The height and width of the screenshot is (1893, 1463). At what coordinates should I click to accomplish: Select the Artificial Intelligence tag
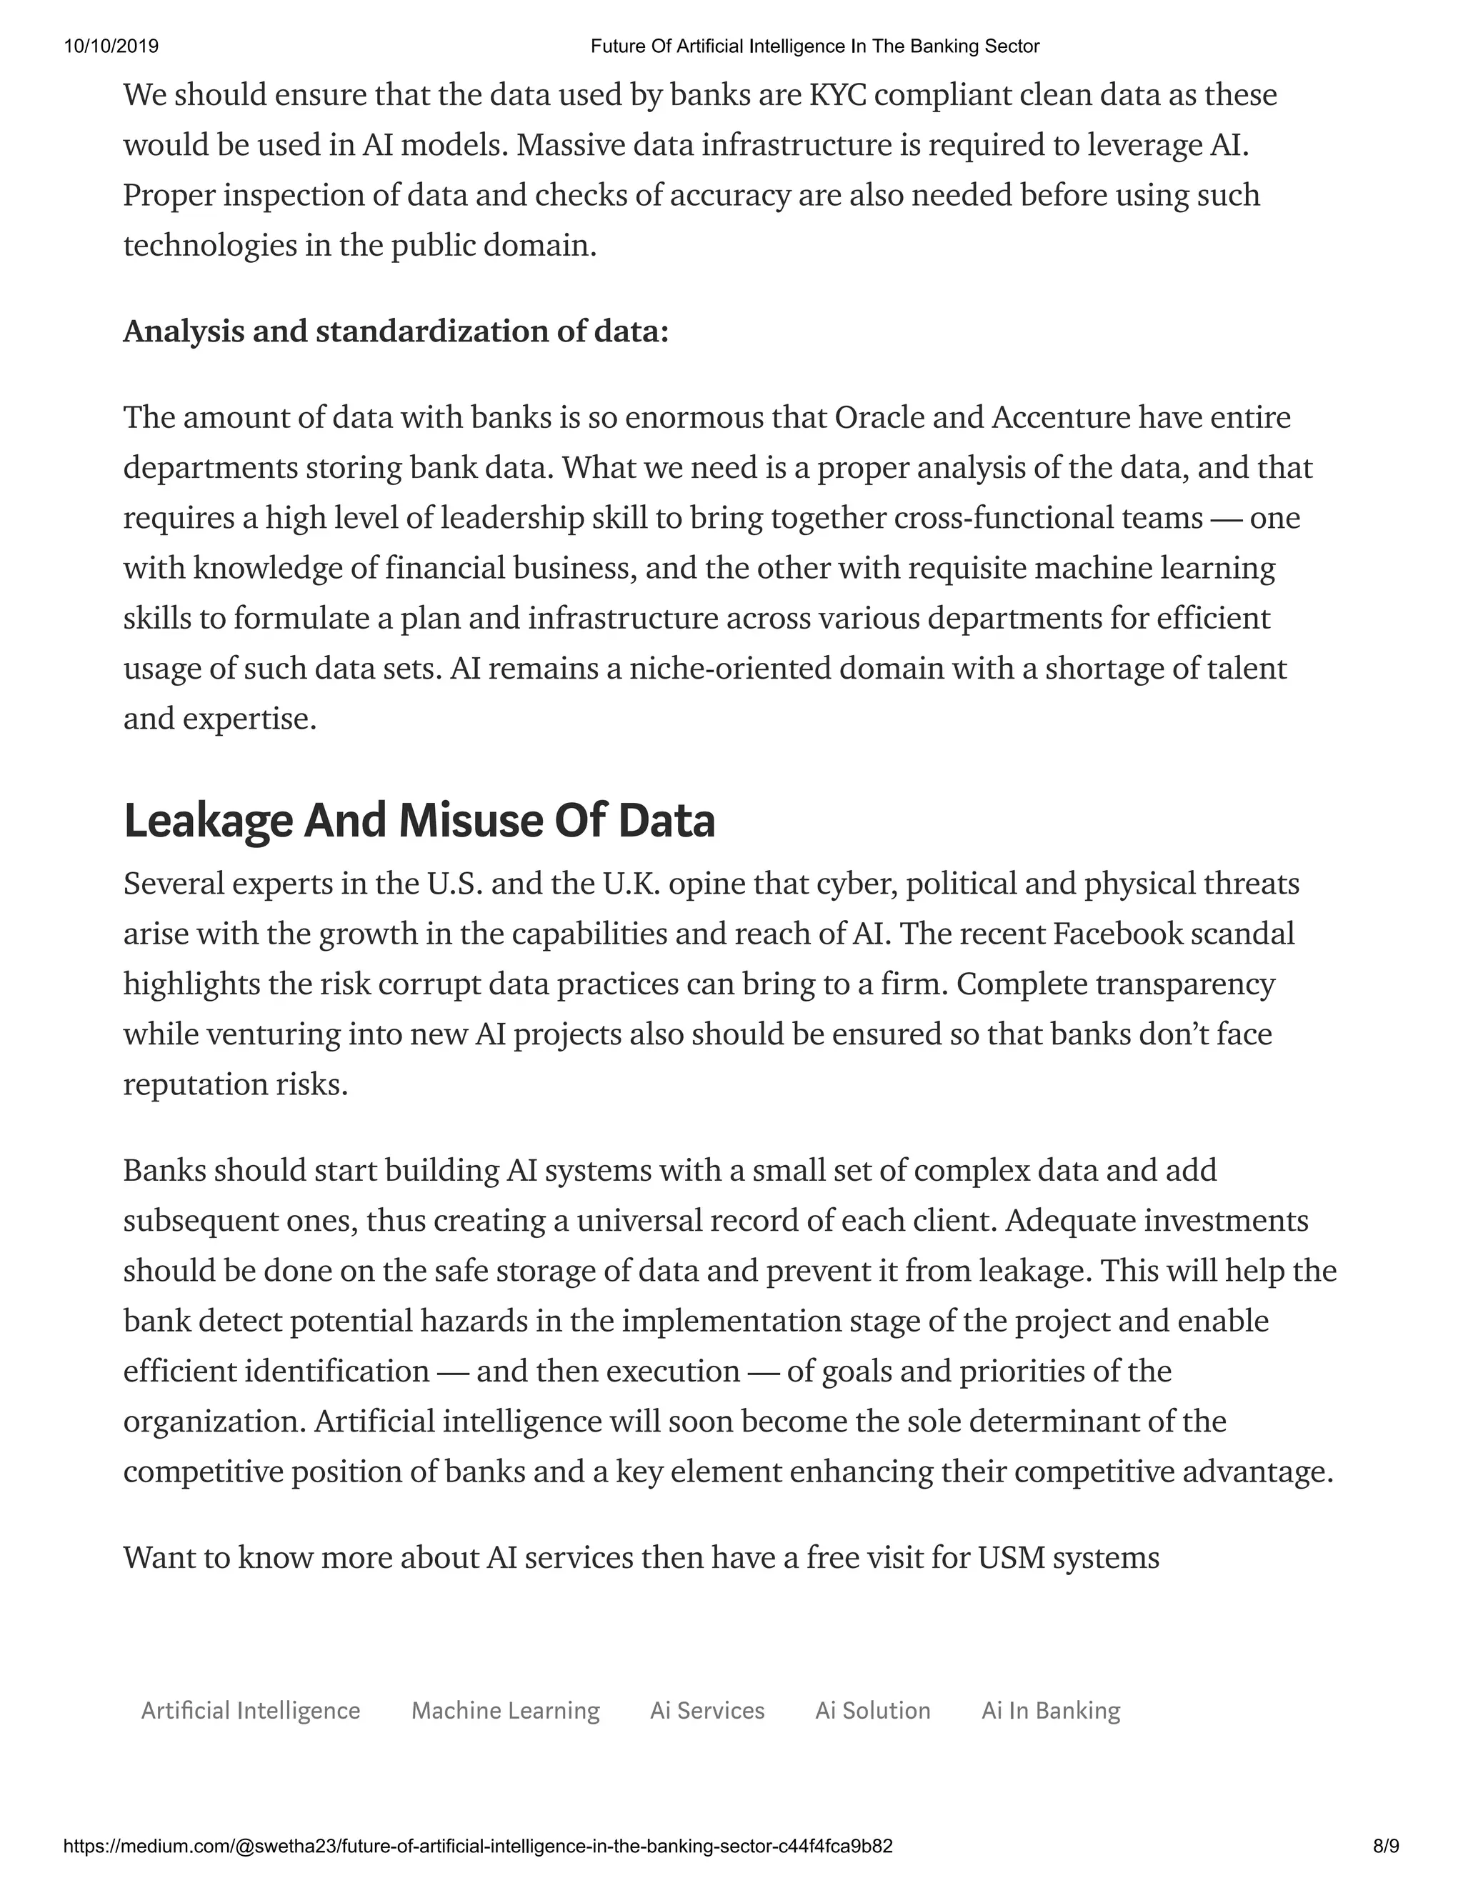(x=251, y=1711)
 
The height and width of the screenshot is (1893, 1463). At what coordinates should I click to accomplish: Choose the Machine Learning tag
(x=505, y=1711)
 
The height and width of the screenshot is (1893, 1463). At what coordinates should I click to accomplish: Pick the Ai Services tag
(x=707, y=1711)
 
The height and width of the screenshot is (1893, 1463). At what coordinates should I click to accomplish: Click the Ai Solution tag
(x=873, y=1711)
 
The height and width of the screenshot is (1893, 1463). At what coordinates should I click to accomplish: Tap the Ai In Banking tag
(x=1050, y=1711)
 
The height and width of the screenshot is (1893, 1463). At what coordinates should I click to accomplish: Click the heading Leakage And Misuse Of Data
(x=419, y=821)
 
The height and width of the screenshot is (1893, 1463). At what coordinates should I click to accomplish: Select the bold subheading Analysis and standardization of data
(x=396, y=331)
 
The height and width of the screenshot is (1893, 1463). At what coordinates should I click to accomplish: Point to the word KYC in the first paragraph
(x=837, y=94)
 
